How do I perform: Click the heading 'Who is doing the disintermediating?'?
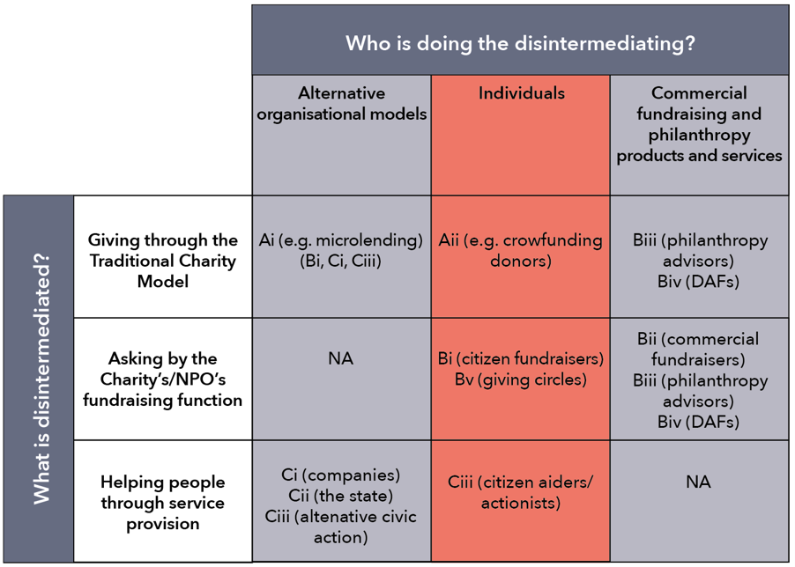tap(520, 43)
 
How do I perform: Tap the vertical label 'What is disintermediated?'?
tap(41, 379)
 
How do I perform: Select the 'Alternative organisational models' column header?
tap(342, 103)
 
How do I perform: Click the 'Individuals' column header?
tap(521, 93)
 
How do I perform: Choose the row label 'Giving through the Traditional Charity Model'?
tap(163, 261)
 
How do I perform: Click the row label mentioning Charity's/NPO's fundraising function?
tap(163, 379)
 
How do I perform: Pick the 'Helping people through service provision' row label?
tap(163, 503)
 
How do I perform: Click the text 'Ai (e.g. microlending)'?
tap(341, 240)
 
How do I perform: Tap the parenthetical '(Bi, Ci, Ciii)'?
tap(341, 261)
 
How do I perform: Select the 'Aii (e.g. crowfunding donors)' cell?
tap(521, 250)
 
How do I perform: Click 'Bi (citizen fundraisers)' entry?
tap(521, 359)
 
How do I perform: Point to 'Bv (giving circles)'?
tap(521, 379)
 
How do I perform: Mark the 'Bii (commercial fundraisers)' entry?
tap(698, 349)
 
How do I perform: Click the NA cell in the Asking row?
tap(341, 359)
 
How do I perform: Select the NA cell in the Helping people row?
tap(698, 482)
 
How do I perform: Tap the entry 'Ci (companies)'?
tap(341, 475)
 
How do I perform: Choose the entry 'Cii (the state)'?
tap(341, 496)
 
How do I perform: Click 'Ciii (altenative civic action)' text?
tap(341, 526)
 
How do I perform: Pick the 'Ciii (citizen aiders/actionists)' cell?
tap(521, 492)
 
